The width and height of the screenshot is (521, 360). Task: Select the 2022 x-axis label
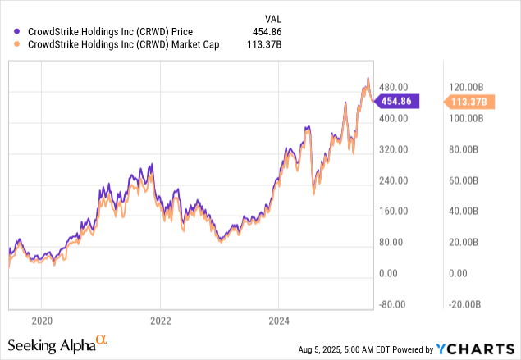(x=160, y=320)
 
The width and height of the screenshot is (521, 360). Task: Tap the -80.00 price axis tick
(x=392, y=304)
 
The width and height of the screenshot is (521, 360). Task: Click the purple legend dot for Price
(x=17, y=33)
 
